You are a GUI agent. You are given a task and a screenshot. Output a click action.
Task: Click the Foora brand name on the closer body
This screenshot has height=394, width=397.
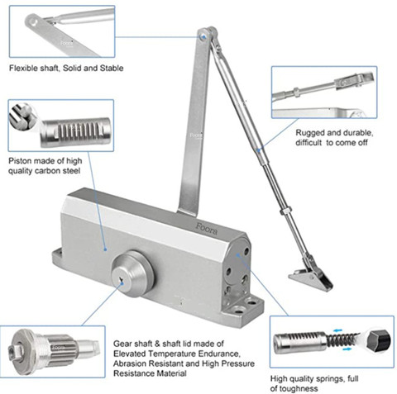tap(207, 229)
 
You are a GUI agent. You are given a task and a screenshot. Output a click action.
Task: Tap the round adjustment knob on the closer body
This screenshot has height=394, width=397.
tap(132, 273)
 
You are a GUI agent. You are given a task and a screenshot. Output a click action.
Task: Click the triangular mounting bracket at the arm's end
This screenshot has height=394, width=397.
tap(311, 278)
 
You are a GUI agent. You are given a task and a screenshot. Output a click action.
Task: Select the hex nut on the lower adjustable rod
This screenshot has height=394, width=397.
tap(285, 211)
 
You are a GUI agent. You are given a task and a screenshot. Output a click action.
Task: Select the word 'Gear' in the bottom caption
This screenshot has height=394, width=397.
tap(122, 344)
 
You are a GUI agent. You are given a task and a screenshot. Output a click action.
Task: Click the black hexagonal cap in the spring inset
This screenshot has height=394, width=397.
tap(379, 339)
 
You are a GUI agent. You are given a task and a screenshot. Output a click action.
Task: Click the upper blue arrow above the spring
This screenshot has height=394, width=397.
tap(337, 330)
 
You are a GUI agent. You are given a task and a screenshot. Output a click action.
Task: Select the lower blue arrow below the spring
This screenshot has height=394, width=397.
tap(347, 349)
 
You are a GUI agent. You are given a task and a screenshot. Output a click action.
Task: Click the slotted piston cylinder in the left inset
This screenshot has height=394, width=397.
tap(76, 131)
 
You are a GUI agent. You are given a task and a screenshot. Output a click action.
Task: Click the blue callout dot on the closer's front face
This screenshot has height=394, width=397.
tap(105, 249)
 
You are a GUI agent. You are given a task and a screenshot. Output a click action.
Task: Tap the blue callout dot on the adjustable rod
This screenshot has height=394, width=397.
tap(258, 150)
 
